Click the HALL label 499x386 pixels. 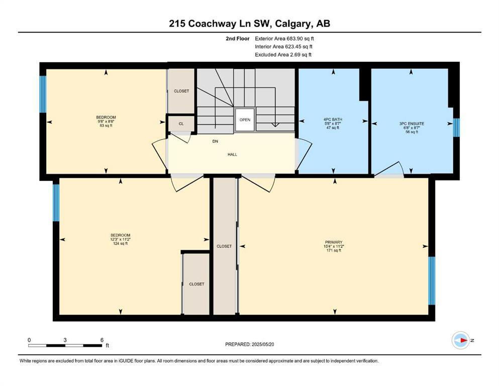tap(232, 154)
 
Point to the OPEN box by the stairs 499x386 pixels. tap(245, 120)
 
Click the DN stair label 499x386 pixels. tap(215, 142)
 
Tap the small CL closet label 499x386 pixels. tap(181, 123)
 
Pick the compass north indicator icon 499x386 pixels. tap(460, 340)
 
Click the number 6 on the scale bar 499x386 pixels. tap(102, 340)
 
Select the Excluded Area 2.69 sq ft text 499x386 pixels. tap(283, 54)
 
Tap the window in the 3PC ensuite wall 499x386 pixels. tap(456, 128)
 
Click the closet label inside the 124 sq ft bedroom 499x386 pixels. tap(196, 284)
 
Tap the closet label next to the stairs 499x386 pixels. tap(181, 91)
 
